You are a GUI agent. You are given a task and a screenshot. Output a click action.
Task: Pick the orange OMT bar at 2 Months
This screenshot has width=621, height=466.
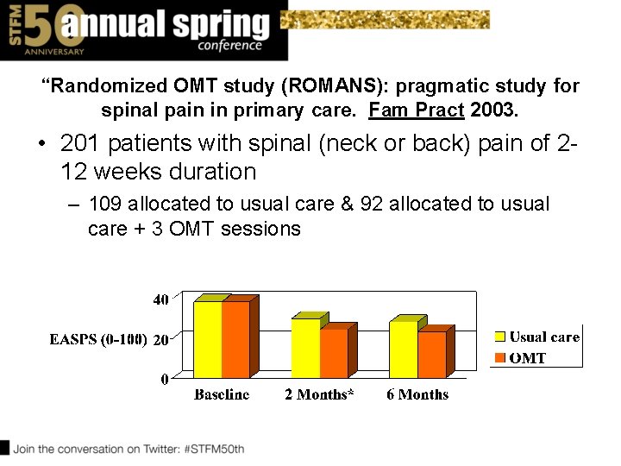pyautogui.click(x=333, y=353)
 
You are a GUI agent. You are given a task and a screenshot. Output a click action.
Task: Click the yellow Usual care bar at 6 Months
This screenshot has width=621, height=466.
pyautogui.click(x=403, y=349)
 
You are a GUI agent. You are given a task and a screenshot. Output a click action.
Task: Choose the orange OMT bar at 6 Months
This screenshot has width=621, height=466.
pyautogui.click(x=431, y=354)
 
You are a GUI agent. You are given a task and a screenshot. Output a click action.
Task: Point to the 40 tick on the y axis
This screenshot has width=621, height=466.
pyautogui.click(x=160, y=300)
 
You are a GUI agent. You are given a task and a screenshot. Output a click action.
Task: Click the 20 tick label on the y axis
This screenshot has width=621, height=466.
pyautogui.click(x=160, y=340)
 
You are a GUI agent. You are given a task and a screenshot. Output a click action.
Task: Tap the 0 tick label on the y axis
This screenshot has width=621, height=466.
pyautogui.click(x=165, y=379)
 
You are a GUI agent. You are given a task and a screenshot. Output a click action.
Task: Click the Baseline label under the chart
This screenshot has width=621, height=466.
pyautogui.click(x=222, y=394)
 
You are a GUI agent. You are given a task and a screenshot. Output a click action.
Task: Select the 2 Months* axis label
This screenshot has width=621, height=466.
pyautogui.click(x=319, y=394)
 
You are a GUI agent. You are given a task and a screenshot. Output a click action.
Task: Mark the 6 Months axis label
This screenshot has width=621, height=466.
pyautogui.click(x=417, y=394)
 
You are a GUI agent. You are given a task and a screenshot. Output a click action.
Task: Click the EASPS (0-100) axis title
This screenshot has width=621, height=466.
pyautogui.click(x=98, y=340)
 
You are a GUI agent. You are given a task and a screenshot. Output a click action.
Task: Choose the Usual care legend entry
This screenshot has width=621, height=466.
pyautogui.click(x=536, y=337)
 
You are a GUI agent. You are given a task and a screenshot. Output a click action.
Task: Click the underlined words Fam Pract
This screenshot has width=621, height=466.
pyautogui.click(x=417, y=110)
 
